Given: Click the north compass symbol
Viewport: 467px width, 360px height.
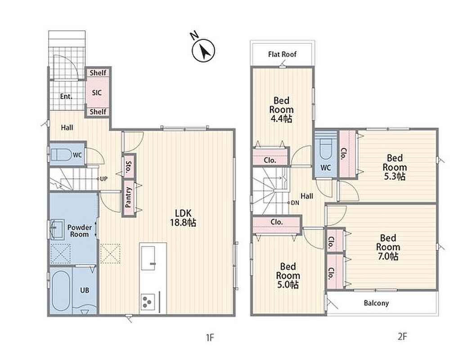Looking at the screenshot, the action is pos(203,50).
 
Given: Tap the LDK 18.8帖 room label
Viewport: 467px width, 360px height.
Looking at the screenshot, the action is pos(183,218).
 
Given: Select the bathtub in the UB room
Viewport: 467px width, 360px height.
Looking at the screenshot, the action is pos(61,291).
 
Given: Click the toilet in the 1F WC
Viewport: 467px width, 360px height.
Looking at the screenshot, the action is pos(61,154).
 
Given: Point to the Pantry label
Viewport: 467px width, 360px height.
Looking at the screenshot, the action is pos(128,197).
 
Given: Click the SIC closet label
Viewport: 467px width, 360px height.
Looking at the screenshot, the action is pos(97,93).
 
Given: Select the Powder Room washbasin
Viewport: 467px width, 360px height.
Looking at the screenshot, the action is pos(57,229).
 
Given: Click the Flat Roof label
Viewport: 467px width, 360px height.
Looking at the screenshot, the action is pos(283,54).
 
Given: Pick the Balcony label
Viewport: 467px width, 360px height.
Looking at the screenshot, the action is pos(376,303).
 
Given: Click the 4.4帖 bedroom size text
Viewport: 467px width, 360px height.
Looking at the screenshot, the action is pos(281,119).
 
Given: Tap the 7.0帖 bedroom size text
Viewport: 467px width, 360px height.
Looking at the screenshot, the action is pos(388,256).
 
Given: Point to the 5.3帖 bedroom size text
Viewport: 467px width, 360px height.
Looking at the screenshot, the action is pos(394,176).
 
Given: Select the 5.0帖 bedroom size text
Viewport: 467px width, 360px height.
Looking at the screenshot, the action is pos(288,284).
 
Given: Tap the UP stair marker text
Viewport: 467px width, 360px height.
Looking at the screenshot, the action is pos(103,179).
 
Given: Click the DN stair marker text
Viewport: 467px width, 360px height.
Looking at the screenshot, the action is pos(295,203).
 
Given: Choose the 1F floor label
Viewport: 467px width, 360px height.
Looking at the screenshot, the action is pos(210,337).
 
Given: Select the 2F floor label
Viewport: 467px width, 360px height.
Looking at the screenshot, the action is pos(402,337).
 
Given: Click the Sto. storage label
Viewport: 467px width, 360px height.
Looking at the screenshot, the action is pos(129,167).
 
